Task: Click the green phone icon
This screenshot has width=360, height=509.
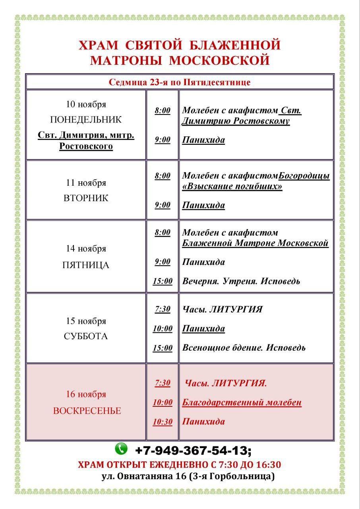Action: tap(121, 449)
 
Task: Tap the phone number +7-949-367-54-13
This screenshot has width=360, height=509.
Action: tap(193, 451)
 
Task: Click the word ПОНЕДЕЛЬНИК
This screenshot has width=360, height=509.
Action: tap(86, 120)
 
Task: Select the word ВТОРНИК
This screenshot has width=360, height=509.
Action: tap(86, 198)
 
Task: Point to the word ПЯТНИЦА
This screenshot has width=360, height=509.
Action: tap(86, 265)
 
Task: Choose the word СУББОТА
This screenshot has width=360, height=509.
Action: tap(86, 336)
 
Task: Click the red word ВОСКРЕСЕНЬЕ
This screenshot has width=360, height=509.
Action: tap(87, 411)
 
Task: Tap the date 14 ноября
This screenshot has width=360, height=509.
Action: tap(86, 249)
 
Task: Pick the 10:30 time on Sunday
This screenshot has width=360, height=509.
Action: tap(163, 422)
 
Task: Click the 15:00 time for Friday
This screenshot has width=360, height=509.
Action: tap(163, 282)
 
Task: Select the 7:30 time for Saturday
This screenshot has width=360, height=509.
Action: tap(163, 309)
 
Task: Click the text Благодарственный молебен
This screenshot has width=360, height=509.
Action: tap(242, 402)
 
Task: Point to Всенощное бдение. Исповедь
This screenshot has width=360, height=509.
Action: tap(244, 348)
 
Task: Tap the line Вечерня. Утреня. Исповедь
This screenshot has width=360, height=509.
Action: tap(241, 281)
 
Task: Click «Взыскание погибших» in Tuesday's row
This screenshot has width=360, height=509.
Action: tap(232, 186)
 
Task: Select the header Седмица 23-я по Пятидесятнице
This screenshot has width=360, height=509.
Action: tap(180, 82)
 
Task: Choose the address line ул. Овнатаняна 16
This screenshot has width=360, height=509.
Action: tap(188, 476)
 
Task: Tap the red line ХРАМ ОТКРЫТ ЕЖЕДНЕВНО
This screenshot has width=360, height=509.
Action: tap(180, 464)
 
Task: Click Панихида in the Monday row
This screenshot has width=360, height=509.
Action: tap(203, 140)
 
